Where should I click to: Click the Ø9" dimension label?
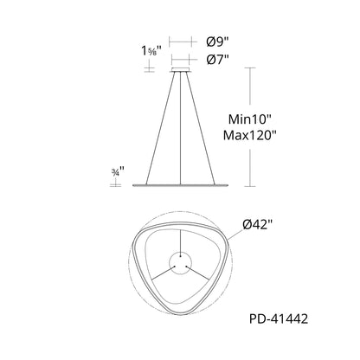(x=217, y=42)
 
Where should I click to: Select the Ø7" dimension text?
(x=217, y=60)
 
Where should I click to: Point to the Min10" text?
(x=250, y=119)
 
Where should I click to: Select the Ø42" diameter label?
(x=258, y=224)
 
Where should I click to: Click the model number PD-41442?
(x=279, y=318)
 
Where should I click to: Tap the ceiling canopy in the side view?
(x=181, y=69)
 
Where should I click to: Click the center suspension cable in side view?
(x=181, y=128)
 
